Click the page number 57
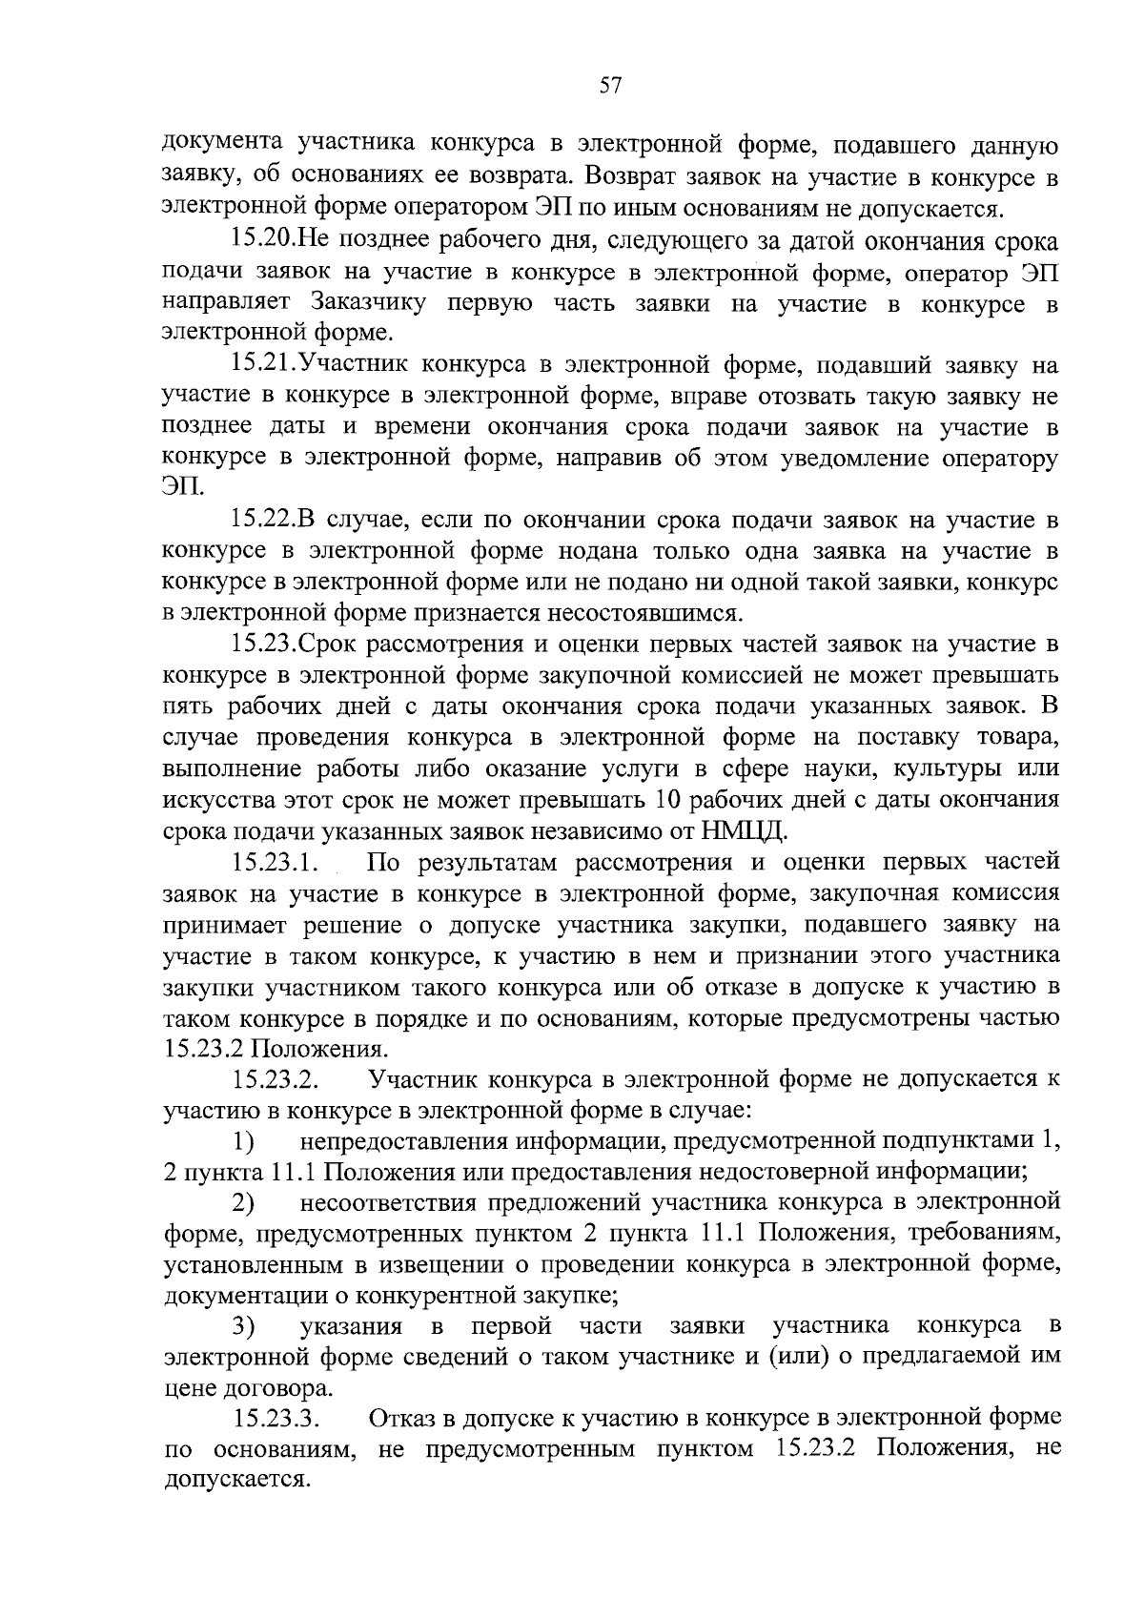click(x=610, y=86)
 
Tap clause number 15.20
click(x=264, y=240)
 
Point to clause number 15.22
click(x=264, y=520)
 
